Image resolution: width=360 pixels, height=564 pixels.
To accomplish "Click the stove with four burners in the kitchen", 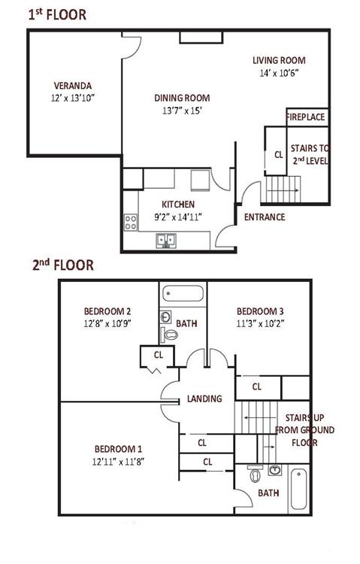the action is (x=131, y=222).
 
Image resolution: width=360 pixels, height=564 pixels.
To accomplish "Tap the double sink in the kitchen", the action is (x=166, y=240).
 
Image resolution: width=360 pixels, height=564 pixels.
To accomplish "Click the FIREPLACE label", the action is (x=305, y=117).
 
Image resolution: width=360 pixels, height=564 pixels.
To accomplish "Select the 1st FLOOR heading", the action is (x=58, y=15).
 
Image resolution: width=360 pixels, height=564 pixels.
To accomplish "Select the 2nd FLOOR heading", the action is (x=63, y=265).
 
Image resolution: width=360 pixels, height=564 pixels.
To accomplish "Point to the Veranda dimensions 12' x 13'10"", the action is (x=73, y=98).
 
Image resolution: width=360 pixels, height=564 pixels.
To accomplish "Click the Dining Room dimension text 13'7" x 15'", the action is (x=182, y=111).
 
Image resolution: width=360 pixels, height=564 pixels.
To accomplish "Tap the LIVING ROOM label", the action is (x=279, y=60).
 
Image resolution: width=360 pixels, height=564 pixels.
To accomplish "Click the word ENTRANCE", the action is (x=265, y=217).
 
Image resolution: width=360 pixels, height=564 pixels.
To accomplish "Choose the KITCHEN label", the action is (x=178, y=205).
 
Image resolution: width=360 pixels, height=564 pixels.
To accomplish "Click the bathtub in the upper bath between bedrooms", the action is (x=183, y=293).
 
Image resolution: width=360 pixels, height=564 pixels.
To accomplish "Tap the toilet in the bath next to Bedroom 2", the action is (x=169, y=335).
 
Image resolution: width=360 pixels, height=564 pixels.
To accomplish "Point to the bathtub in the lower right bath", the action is (x=298, y=489).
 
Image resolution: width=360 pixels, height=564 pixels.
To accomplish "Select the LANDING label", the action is (x=204, y=399).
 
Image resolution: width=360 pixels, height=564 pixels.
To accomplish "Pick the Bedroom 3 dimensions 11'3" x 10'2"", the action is (x=260, y=323).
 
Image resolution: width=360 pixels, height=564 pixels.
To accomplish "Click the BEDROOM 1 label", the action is (x=118, y=449).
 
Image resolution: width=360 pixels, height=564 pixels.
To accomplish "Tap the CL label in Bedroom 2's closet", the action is (x=159, y=355).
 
